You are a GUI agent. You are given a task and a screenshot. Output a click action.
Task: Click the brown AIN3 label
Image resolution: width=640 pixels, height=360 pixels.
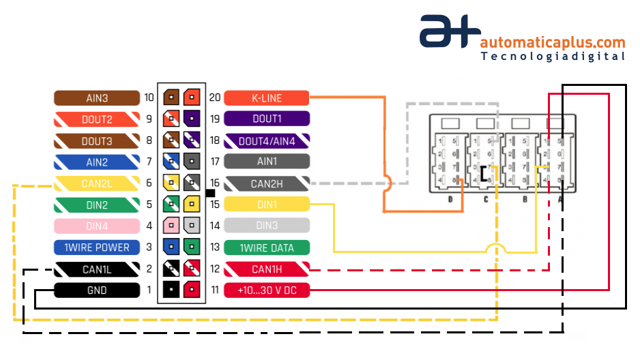pos(97,97)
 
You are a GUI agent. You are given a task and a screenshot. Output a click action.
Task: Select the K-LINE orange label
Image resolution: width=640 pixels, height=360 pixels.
pos(266,97)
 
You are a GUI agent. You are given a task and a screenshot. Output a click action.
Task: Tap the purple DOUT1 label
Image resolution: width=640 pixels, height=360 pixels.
pos(266,119)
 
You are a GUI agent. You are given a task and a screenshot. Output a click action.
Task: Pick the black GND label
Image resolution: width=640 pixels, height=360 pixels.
pos(97,290)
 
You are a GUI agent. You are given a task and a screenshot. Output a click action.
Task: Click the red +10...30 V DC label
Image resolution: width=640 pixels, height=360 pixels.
pos(266,290)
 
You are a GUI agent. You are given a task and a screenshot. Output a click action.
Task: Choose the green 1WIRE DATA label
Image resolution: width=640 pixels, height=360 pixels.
pos(266,247)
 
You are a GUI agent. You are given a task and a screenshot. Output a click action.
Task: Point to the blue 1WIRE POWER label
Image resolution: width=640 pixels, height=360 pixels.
pos(97,247)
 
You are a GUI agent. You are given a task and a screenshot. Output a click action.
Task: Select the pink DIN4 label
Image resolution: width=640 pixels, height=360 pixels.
pos(97,226)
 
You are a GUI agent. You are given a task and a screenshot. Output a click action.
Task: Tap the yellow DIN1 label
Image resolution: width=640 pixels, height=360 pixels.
pos(266,205)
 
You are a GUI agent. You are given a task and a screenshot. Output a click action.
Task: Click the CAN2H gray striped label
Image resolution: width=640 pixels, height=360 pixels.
pos(266,183)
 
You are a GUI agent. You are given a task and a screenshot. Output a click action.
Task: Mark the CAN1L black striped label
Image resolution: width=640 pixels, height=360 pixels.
pos(97,269)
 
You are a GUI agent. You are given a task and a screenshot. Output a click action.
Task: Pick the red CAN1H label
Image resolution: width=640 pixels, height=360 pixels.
pos(266,269)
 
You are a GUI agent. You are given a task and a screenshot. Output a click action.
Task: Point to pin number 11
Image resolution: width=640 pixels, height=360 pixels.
pos(215,290)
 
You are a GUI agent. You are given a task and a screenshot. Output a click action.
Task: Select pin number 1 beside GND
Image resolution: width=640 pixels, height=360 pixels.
pos(149,290)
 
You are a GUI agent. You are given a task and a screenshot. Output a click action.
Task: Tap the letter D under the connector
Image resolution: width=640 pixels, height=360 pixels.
pos(450,200)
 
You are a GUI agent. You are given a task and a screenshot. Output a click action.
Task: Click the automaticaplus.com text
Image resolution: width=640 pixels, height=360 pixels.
pos(553,42)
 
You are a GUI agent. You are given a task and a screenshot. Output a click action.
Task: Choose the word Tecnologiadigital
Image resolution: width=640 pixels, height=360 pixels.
pos(553,57)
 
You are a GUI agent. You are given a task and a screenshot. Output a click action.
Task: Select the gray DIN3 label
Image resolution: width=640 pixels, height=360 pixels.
pos(266,226)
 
